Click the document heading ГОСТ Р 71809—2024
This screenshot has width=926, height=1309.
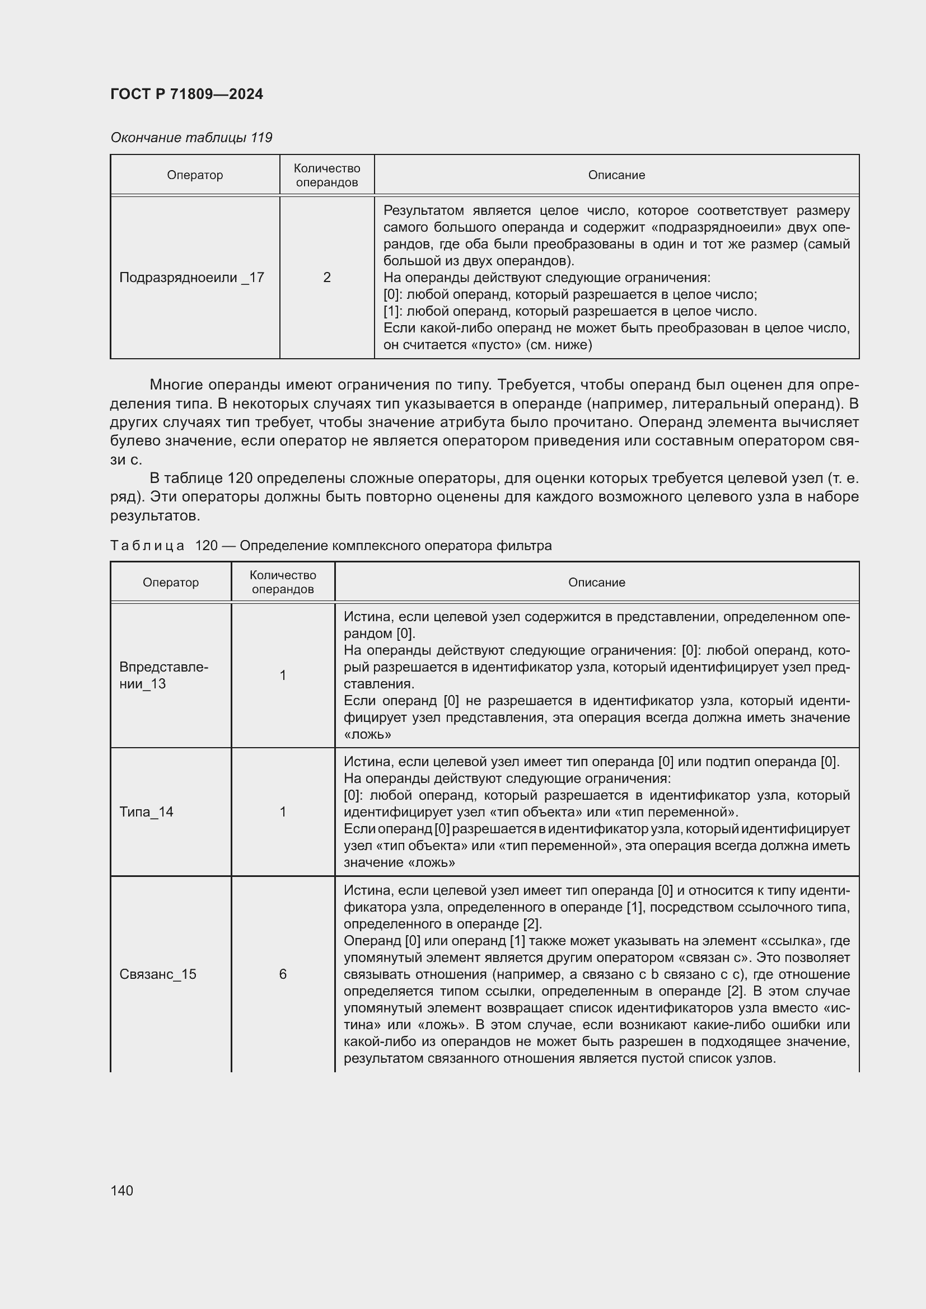click(186, 94)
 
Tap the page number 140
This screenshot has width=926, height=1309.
click(122, 1190)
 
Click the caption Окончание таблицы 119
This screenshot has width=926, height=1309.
click(191, 138)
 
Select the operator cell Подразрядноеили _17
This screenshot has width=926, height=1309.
click(191, 278)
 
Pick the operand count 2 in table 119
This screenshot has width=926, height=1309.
click(327, 278)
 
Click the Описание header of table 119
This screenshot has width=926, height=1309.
click(616, 175)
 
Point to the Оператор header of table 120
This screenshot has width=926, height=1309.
click(171, 582)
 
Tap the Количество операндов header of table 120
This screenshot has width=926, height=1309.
click(283, 582)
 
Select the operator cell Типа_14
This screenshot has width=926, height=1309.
click(147, 812)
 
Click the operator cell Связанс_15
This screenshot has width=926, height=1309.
click(158, 974)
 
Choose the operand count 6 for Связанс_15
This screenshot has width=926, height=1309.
click(283, 974)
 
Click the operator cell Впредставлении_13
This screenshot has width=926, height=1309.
click(163, 675)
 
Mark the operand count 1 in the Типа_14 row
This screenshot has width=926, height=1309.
click(283, 812)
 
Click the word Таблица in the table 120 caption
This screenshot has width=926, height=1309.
click(147, 546)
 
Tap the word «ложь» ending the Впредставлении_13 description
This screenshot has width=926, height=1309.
click(368, 734)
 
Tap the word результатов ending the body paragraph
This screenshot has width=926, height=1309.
click(155, 516)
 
